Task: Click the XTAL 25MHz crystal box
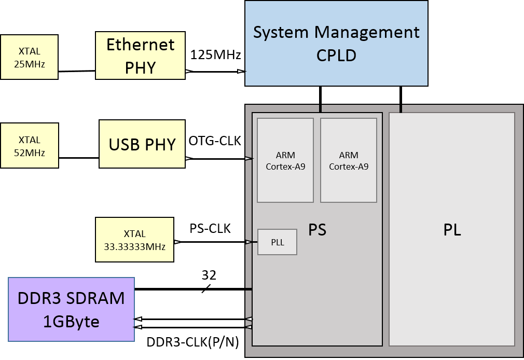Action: pyautogui.click(x=29, y=58)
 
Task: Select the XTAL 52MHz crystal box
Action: pyautogui.click(x=30, y=146)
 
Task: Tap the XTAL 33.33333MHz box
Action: pyautogui.click(x=134, y=240)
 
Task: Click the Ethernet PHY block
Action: pyautogui.click(x=140, y=56)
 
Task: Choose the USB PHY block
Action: pyautogui.click(x=142, y=144)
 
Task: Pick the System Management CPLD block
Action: pyautogui.click(x=336, y=43)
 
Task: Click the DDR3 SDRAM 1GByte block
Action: pyautogui.click(x=71, y=310)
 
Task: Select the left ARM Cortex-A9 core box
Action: pyautogui.click(x=285, y=160)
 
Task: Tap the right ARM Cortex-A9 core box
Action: pyautogui.click(x=349, y=160)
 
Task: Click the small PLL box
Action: pyautogui.click(x=278, y=242)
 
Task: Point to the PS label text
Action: pyautogui.click(x=317, y=230)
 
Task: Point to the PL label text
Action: pyautogui.click(x=452, y=230)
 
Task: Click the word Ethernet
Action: pyautogui.click(x=140, y=45)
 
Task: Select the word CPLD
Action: pyautogui.click(x=336, y=56)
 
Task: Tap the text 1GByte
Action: pyautogui.click(x=71, y=322)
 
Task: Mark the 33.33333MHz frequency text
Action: pyautogui.click(x=134, y=247)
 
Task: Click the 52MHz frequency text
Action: pyautogui.click(x=30, y=153)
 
